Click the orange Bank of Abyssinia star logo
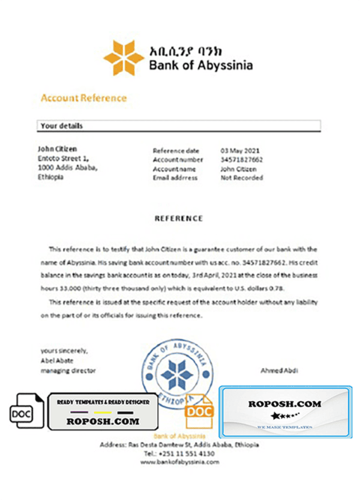124,58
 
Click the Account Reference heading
83,98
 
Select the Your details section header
61,126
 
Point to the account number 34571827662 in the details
242,160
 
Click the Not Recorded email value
242,178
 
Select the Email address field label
174,178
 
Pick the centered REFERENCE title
179,218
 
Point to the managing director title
68,371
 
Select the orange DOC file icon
198,411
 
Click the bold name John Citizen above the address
57,149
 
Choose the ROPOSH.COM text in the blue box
284,404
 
